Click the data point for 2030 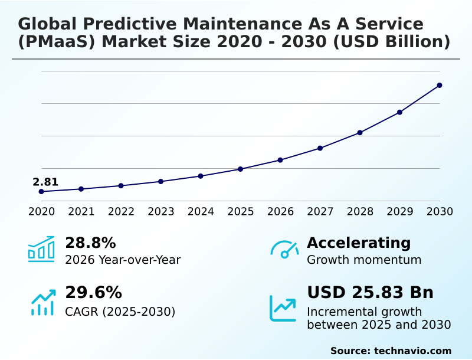pos(440,86)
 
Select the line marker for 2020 pos(41,191)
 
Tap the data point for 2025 pos(240,169)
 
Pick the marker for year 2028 pos(360,133)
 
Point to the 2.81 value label pos(45,182)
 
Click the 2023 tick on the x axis pos(160,211)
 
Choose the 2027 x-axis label pos(320,211)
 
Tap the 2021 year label pos(81,211)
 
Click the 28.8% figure pos(90,243)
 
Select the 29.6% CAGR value pos(93,293)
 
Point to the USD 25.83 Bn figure pos(370,293)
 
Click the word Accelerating pos(359,243)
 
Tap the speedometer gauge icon pos(284,249)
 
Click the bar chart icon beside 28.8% pos(41,249)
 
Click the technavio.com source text pos(412,351)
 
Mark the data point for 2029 pos(399,112)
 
